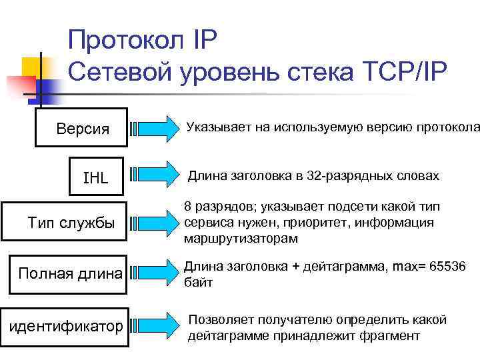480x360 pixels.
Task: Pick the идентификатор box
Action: click(65, 326)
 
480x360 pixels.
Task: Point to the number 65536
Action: click(449, 267)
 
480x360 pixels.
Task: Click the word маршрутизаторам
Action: click(241, 238)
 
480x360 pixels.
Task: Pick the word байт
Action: click(198, 283)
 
